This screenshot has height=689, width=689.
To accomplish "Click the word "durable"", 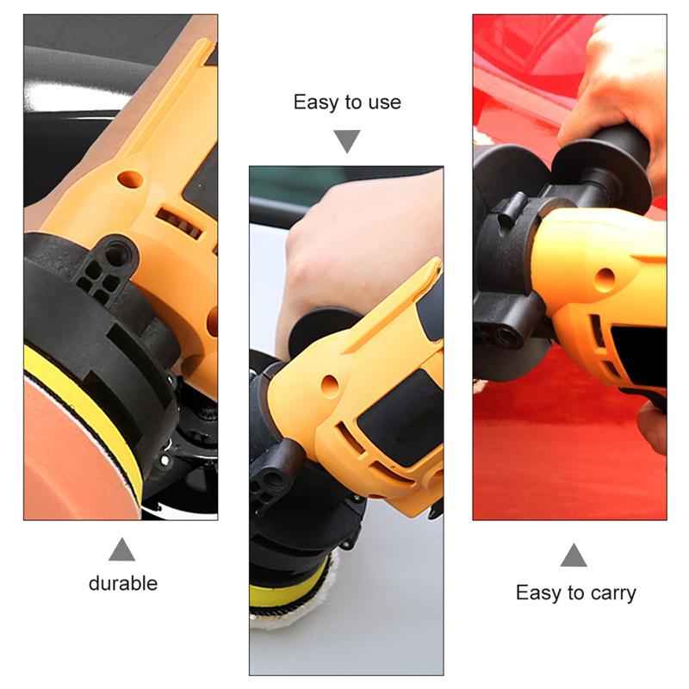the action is click(123, 584).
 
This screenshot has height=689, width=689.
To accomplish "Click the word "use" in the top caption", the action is click(384, 102).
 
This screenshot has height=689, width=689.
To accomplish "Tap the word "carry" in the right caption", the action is click(613, 593).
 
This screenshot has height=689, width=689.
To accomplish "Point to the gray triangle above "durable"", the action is click(121, 549).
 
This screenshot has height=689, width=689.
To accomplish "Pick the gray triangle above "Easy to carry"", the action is click(574, 556).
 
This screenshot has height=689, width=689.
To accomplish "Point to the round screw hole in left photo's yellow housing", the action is click(131, 179).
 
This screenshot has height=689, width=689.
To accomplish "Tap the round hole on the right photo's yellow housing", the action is click(605, 278).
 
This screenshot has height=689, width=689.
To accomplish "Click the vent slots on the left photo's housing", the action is click(179, 223).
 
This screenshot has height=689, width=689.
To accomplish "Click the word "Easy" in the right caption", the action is click(537, 593).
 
